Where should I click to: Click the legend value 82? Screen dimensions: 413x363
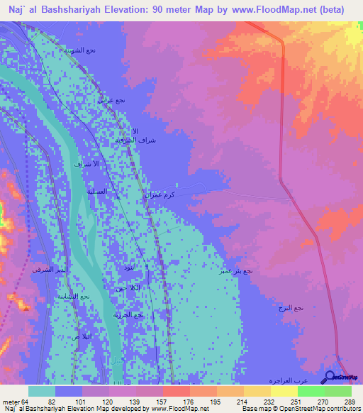point(51,402)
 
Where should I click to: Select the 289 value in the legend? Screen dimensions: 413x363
point(348,402)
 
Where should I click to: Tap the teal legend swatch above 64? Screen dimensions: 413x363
point(41,391)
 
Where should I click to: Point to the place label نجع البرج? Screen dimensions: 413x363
point(290,307)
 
